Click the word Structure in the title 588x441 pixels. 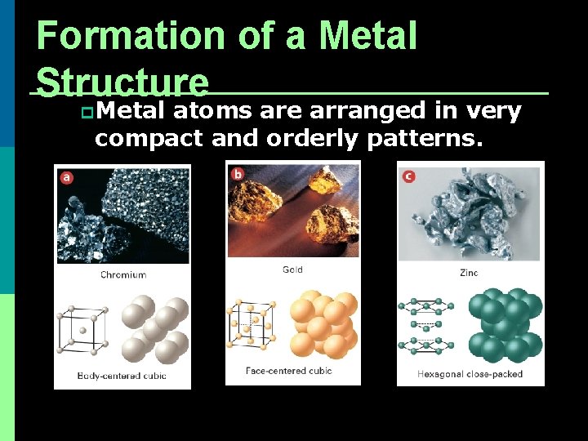tap(122, 82)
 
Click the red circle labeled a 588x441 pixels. tap(66, 176)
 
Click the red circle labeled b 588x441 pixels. tap(238, 173)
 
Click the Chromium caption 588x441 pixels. tap(123, 274)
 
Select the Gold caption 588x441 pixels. tap(292, 269)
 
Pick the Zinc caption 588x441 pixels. tap(469, 273)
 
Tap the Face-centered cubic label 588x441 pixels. tap(289, 371)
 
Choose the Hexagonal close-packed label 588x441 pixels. tap(470, 374)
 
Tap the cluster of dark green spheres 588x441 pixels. tap(505, 325)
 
